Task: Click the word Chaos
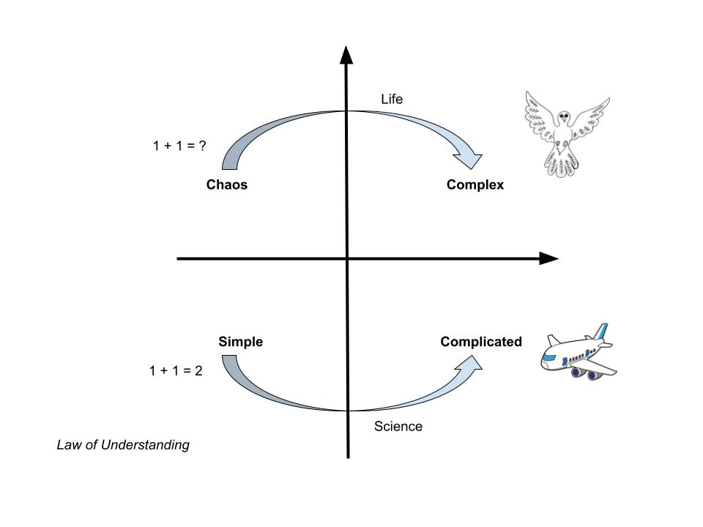coord(227,185)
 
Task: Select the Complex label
coord(475,185)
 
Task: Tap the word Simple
coord(240,342)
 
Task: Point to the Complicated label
coord(481,342)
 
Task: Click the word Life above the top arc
coord(392,99)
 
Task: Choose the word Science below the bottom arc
coord(398,427)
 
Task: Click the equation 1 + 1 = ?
coord(179,145)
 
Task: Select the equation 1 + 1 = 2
coord(176,370)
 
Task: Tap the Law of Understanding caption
coord(123,445)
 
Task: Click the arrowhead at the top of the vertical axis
coord(346,54)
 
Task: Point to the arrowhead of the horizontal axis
coord(548,258)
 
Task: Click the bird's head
coord(563,116)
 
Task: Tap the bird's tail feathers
coord(562,165)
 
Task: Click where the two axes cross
coord(347,258)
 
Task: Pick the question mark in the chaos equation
coord(201,145)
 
